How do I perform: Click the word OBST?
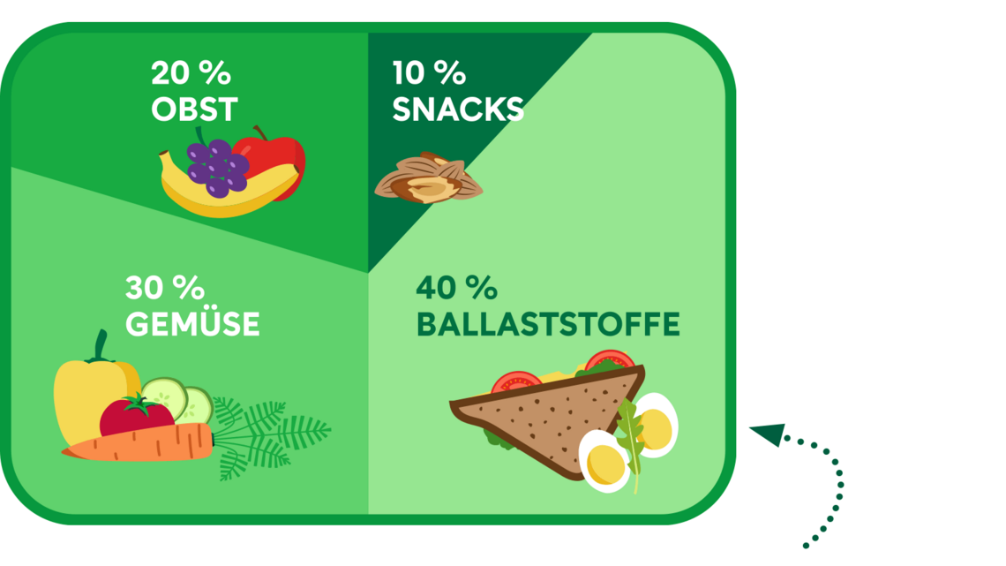[194, 109]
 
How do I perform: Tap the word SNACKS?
[458, 109]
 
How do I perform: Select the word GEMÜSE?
[192, 323]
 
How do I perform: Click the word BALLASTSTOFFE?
[548, 324]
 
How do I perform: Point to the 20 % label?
[191, 73]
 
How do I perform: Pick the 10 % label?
[429, 73]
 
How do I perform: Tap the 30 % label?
[165, 288]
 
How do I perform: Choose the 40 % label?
[456, 288]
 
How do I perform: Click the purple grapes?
[217, 166]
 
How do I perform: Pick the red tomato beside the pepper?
[135, 417]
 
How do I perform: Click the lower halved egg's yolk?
[604, 464]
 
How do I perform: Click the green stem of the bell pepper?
[100, 346]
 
